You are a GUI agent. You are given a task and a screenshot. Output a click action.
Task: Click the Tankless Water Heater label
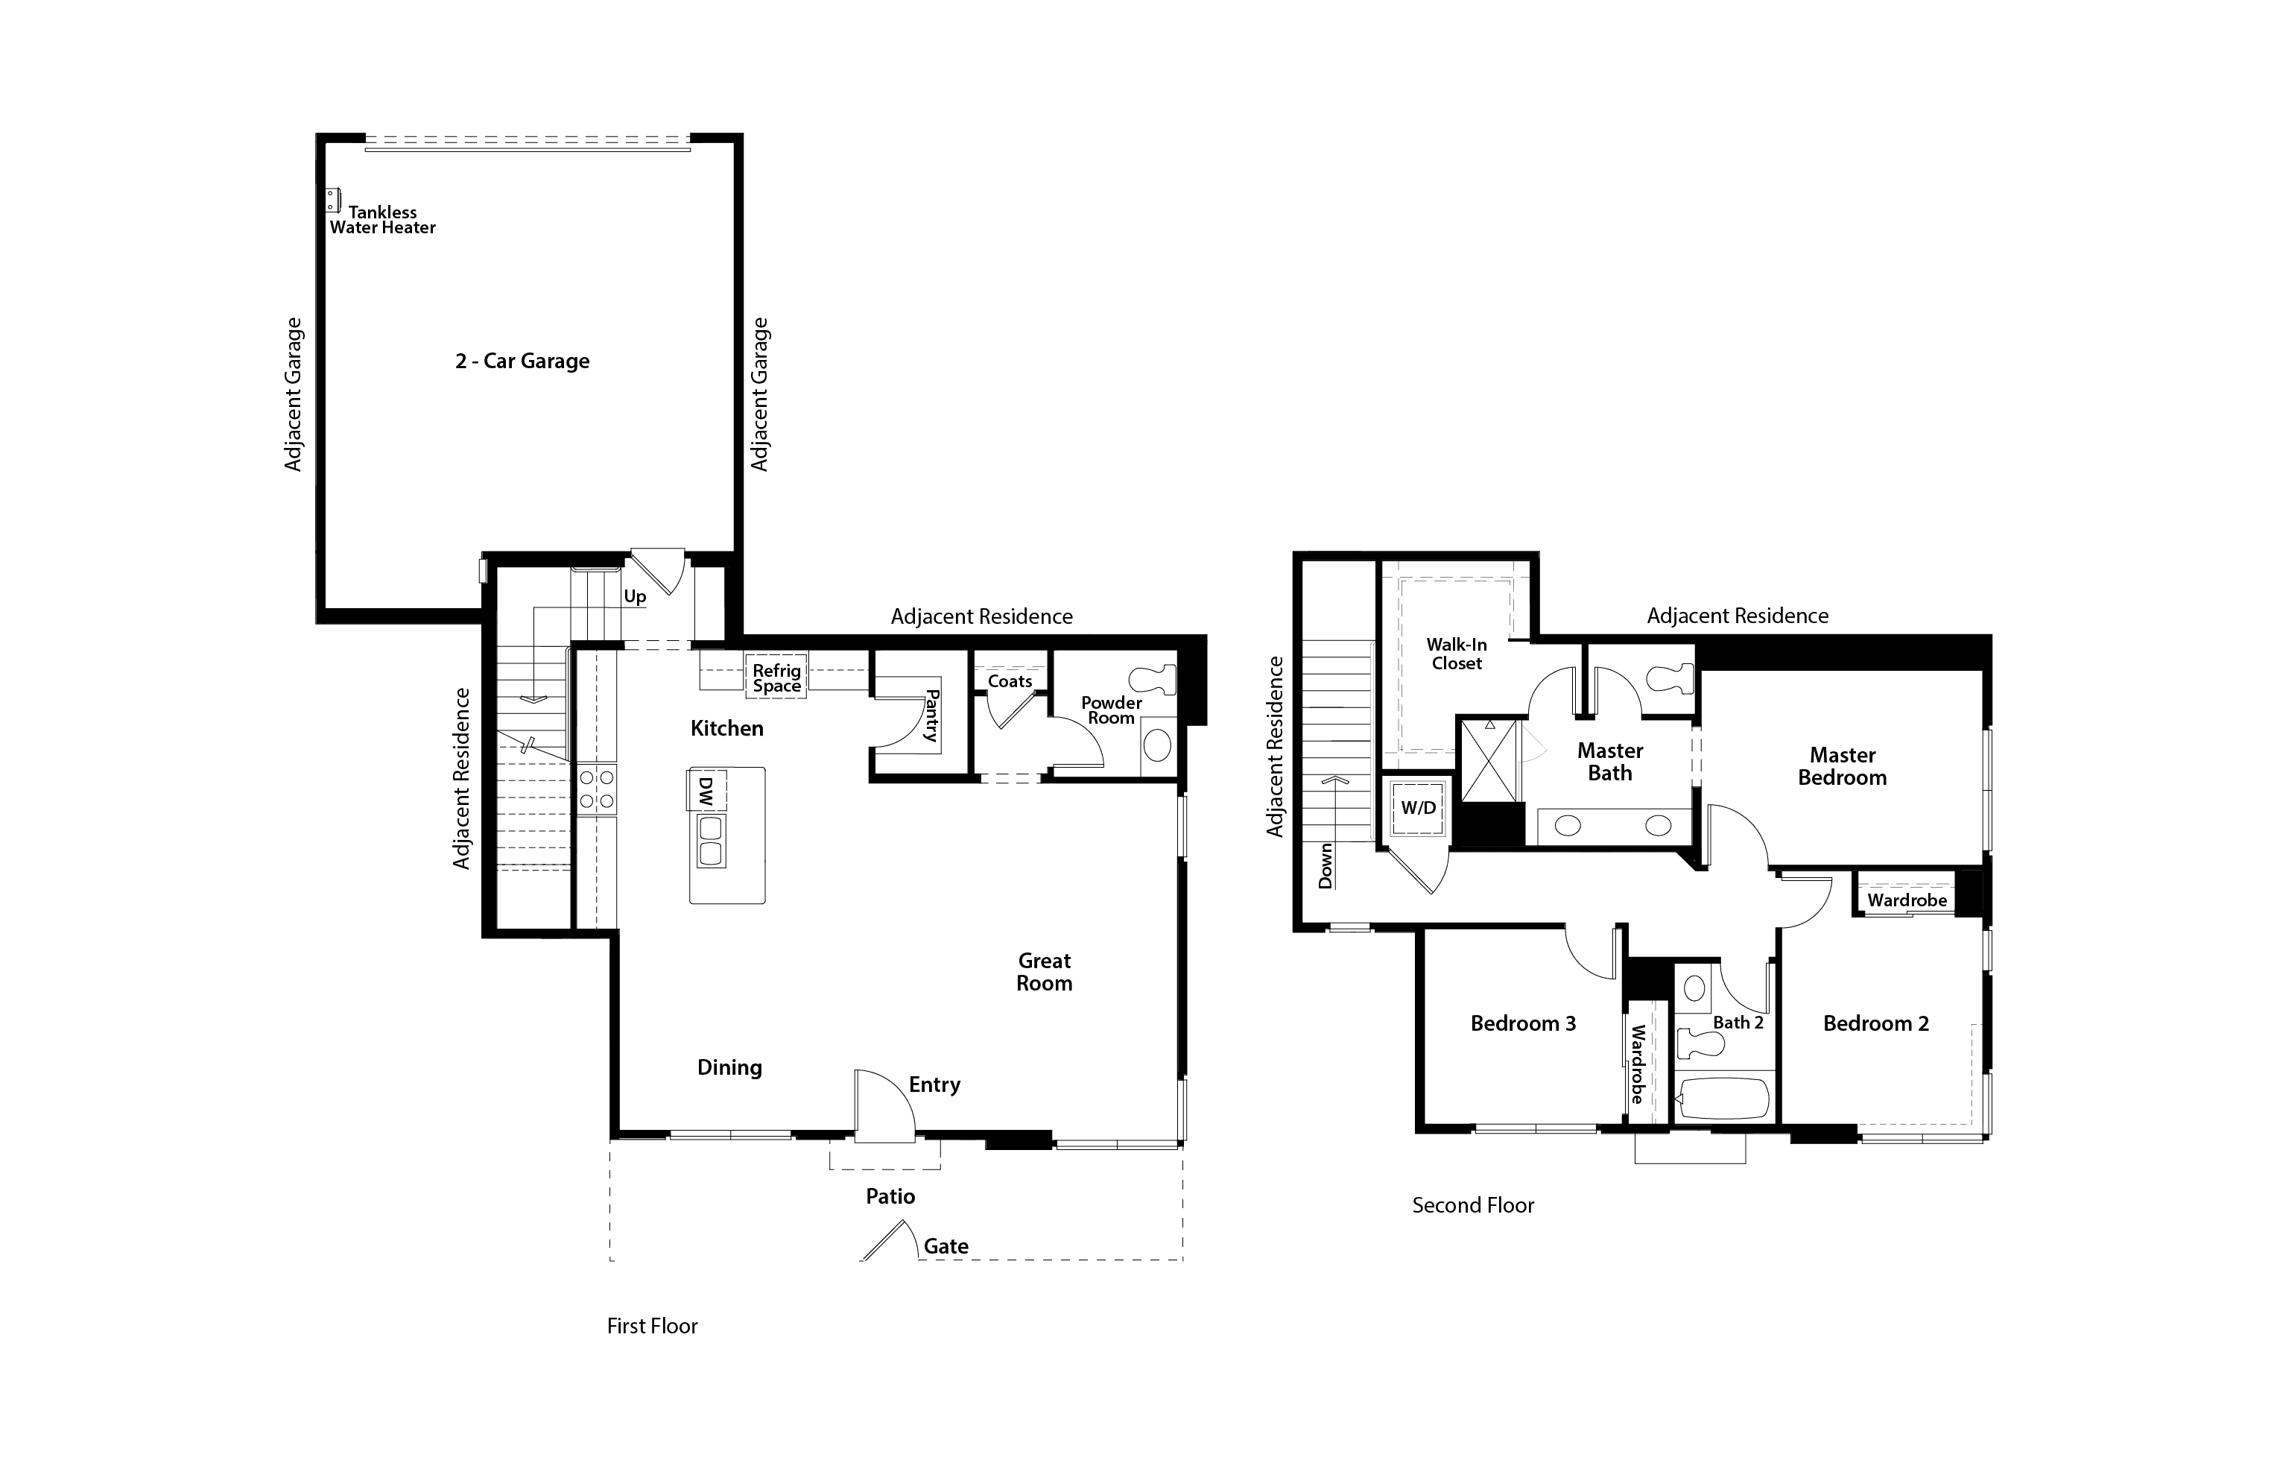382,220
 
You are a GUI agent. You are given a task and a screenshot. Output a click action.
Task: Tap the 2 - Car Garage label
522,361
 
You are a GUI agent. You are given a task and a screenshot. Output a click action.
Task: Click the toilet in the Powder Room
1153,679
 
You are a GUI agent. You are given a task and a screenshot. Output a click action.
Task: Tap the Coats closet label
1010,681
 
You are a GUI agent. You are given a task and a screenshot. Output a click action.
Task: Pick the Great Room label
1045,972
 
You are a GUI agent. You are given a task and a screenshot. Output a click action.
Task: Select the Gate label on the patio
946,1246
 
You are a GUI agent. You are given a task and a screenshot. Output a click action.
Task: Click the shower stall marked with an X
1489,760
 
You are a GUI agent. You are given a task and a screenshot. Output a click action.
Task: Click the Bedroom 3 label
1523,1024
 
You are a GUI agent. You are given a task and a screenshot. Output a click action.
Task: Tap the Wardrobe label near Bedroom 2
1907,900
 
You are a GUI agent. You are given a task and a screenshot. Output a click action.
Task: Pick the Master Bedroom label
1842,767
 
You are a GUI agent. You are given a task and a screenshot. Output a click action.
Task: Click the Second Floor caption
1473,1205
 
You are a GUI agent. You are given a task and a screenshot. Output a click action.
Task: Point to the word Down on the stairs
1326,866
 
